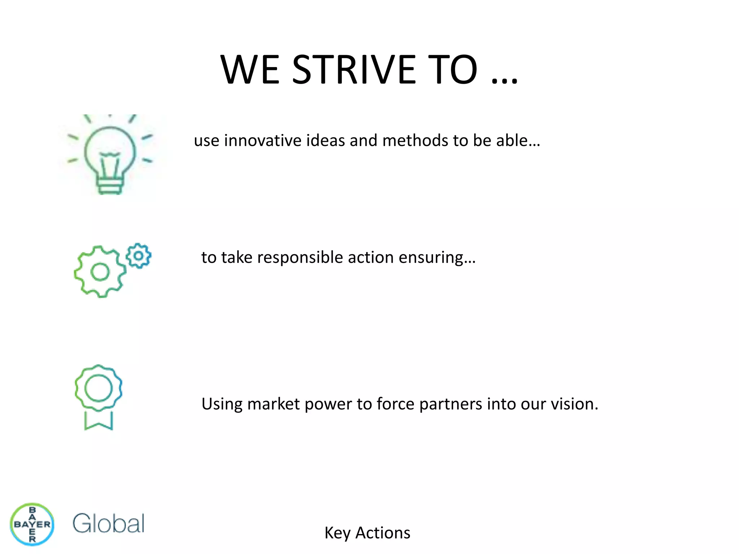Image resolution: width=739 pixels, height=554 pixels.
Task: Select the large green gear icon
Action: pos(100,272)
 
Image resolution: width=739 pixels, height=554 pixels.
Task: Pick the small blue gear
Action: pos(139,256)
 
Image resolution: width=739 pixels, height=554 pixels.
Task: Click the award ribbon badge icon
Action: pos(98,397)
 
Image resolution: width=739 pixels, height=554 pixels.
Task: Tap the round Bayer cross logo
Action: pos(32,524)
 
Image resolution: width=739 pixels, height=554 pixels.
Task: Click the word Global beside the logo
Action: pos(108,523)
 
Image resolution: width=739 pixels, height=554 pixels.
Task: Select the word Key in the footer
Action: pos(337,533)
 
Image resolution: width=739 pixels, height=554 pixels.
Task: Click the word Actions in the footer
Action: pos(383,533)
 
